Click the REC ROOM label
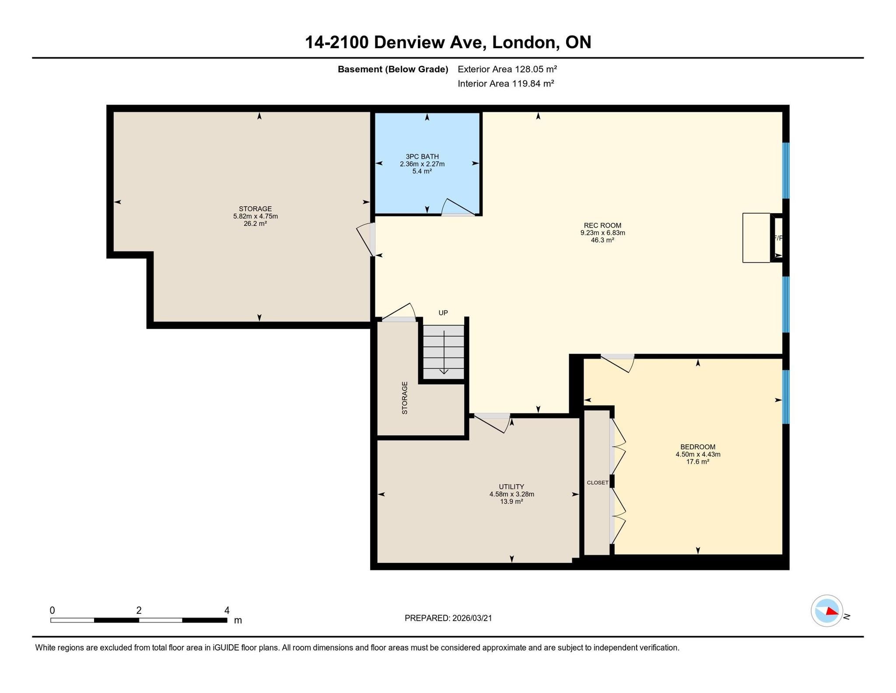coord(602,225)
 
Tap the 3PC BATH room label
coord(422,156)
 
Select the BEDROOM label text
coord(698,447)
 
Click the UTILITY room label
coord(511,487)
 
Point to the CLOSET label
coord(598,482)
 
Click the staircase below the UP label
coord(444,352)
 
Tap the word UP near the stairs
coord(443,313)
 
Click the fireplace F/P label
coord(778,238)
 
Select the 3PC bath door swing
coord(458,207)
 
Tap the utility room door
coord(492,422)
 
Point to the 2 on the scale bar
coord(139,610)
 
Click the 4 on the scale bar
coord(227,610)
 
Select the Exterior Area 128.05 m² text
coord(507,69)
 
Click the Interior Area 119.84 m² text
coord(506,84)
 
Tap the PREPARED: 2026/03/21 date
coord(448,618)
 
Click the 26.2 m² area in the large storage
coord(255,223)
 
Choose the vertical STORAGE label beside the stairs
coord(405,398)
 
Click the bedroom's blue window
coord(786,397)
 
